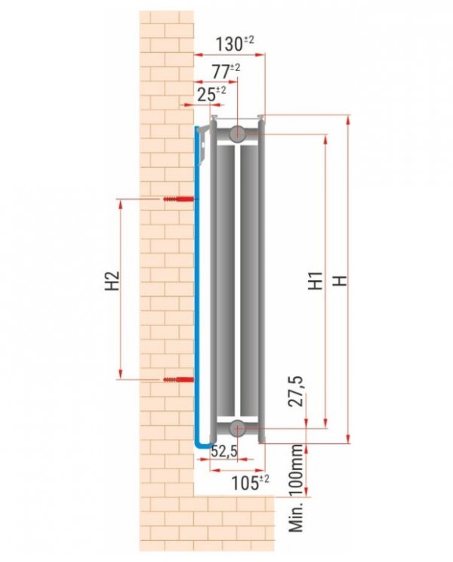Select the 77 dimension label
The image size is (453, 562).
pyautogui.click(x=223, y=72)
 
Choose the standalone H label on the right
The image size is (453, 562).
pyautogui.click(x=342, y=280)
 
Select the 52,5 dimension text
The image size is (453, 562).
pyautogui.click(x=224, y=452)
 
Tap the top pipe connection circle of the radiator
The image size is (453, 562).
pyautogui.click(x=237, y=134)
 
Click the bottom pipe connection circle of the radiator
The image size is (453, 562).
pyautogui.click(x=237, y=428)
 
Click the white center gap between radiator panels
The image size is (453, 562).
pyautogui.click(x=238, y=279)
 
